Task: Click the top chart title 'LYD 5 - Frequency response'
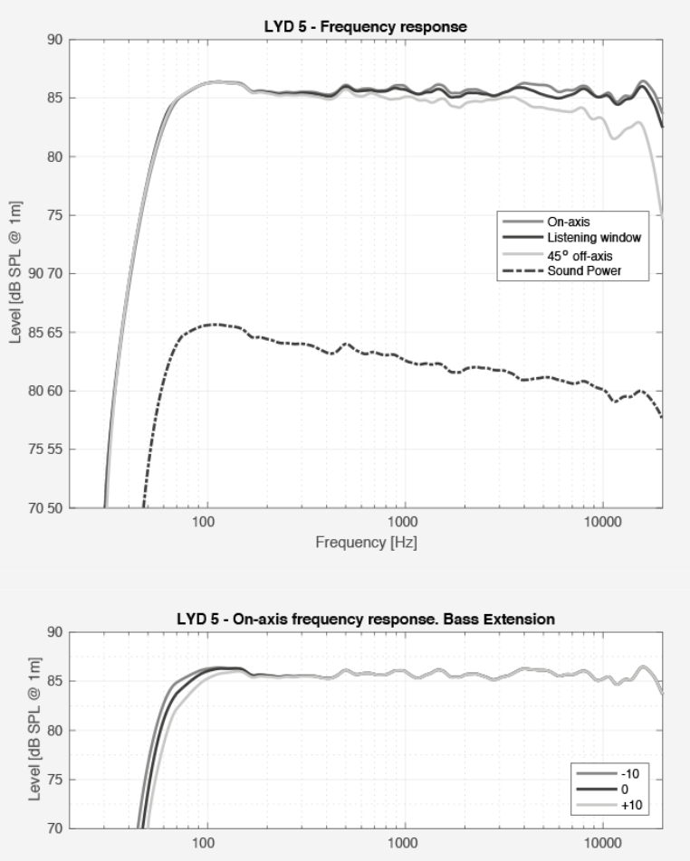click(x=359, y=26)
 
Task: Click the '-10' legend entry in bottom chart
click(x=628, y=773)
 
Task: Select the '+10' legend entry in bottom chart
click(x=628, y=802)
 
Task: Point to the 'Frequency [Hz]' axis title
click(x=366, y=543)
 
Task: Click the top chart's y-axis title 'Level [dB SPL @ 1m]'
click(x=15, y=272)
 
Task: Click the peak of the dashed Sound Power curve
click(x=214, y=324)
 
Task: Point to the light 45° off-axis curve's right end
click(x=662, y=215)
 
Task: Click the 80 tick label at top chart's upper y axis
click(x=53, y=156)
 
